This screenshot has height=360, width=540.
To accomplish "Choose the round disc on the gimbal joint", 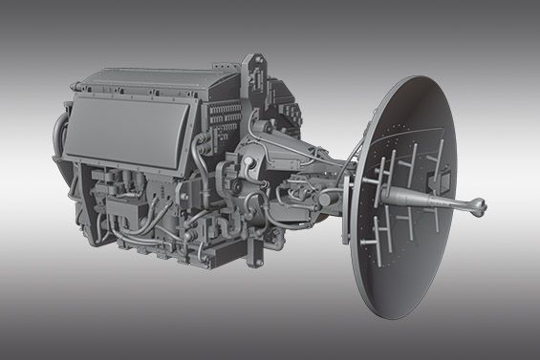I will (252, 167).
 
